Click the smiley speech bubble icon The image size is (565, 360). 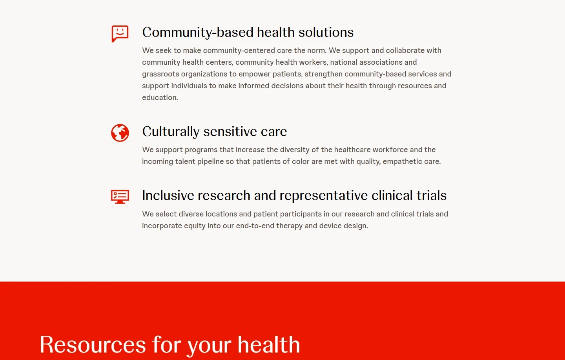coord(120,33)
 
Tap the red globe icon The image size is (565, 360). coord(120,133)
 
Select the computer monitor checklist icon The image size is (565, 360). coord(120,196)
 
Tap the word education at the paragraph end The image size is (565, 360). coord(160,98)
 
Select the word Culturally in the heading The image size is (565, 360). coord(171,132)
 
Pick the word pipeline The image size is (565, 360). coord(210,162)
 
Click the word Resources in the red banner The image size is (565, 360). coord(93,345)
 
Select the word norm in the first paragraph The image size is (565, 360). coord(316,51)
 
